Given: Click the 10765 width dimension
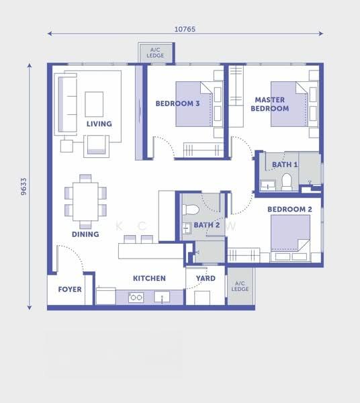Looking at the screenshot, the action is pyautogui.click(x=185, y=30).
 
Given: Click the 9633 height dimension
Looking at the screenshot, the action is pyautogui.click(x=24, y=187).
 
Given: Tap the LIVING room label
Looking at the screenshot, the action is pyautogui.click(x=99, y=124).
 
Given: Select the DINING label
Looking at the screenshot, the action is pyautogui.click(x=85, y=234).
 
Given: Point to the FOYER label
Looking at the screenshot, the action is pyautogui.click(x=70, y=289).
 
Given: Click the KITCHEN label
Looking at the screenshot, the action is pyautogui.click(x=149, y=278).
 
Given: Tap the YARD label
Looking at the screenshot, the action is pyautogui.click(x=206, y=278).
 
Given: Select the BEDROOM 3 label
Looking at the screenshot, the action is pyautogui.click(x=177, y=103).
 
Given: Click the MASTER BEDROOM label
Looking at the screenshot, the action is pyautogui.click(x=270, y=104).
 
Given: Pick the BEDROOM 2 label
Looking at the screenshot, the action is pyautogui.click(x=289, y=210).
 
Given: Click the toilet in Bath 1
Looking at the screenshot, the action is pyautogui.click(x=287, y=182).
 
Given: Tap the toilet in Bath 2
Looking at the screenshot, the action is pyautogui.click(x=190, y=210).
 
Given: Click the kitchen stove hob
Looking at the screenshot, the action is pyautogui.click(x=136, y=298).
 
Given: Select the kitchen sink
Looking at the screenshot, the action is pyautogui.click(x=162, y=297).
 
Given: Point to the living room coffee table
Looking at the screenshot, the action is pyautogui.click(x=94, y=104).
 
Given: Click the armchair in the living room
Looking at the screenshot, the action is pyautogui.click(x=96, y=146).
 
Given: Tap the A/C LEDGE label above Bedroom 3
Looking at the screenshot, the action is pyautogui.click(x=155, y=52).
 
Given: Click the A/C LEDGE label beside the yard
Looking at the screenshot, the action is pyautogui.click(x=240, y=286).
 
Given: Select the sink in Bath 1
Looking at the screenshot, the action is pyautogui.click(x=268, y=185).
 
